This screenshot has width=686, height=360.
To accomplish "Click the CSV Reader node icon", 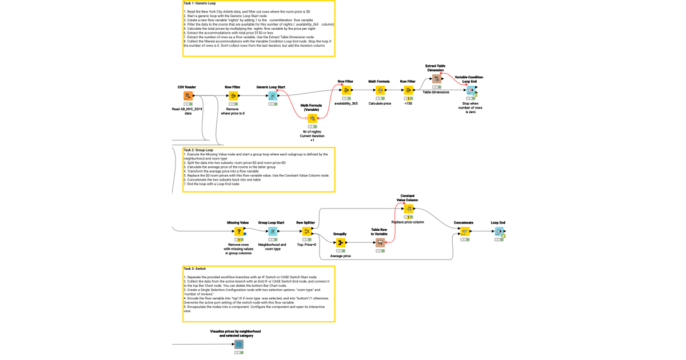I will [x=187, y=96].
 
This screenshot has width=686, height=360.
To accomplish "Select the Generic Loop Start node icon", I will [x=273, y=96].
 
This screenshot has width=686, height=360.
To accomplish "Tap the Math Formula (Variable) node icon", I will [x=313, y=118].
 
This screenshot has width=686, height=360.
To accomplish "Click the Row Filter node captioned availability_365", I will [x=345, y=90].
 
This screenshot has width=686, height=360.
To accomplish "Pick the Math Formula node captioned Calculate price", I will [x=380, y=90].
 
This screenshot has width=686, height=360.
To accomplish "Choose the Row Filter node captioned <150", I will [x=408, y=90].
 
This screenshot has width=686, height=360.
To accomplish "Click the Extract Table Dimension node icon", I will [x=436, y=79].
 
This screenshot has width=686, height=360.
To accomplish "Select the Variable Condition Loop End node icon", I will [x=469, y=90].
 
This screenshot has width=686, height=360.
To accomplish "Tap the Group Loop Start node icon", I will [x=273, y=231].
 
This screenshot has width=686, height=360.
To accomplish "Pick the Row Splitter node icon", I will [x=306, y=231].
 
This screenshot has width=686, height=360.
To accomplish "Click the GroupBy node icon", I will [x=340, y=242].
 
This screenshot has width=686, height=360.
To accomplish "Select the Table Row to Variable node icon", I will [x=380, y=242].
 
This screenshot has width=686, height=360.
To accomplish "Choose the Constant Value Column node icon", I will [x=408, y=209].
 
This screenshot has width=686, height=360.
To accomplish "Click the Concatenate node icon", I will [x=464, y=231].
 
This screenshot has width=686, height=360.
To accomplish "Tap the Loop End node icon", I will [x=498, y=231].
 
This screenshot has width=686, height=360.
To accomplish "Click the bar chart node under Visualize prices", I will [x=238, y=345].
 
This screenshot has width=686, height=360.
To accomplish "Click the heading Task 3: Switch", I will [x=195, y=268].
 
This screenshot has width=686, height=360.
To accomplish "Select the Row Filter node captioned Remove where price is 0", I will [x=233, y=96].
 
